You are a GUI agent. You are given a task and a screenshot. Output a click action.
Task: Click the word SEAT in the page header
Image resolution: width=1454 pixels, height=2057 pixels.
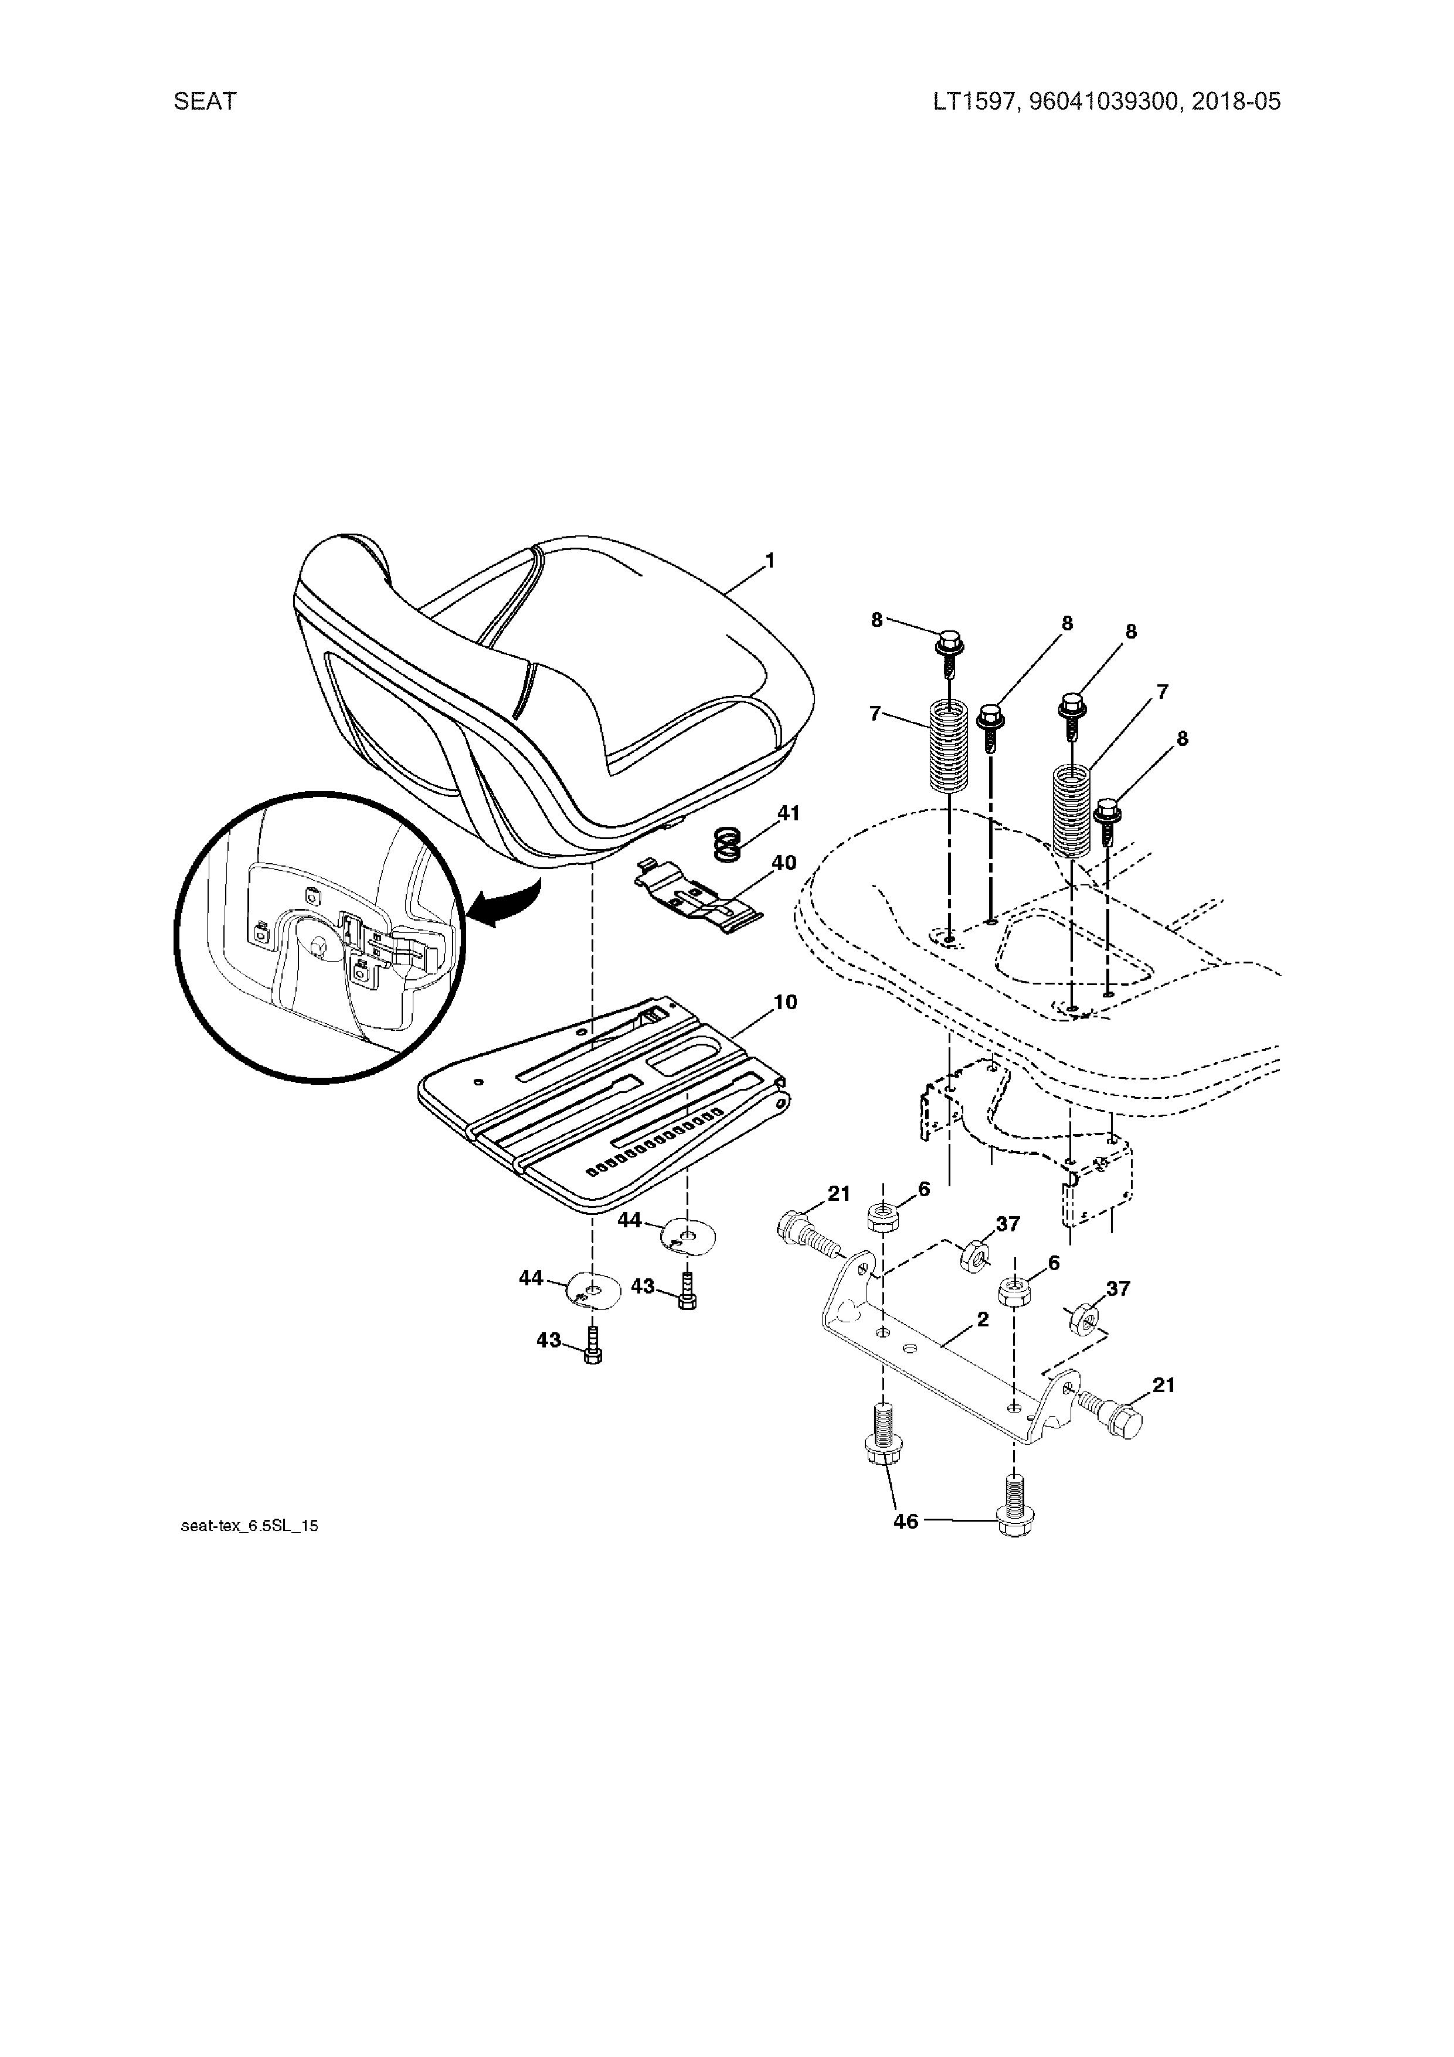pyautogui.click(x=205, y=101)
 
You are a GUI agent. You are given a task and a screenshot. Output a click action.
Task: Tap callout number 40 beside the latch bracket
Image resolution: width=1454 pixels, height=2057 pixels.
pyautogui.click(x=783, y=863)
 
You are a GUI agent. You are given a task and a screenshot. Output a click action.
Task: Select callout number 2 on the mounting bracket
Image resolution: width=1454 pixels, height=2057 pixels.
pyautogui.click(x=982, y=1320)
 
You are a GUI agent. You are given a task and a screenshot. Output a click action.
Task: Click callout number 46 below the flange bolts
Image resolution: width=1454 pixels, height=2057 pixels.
pyautogui.click(x=906, y=1520)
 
